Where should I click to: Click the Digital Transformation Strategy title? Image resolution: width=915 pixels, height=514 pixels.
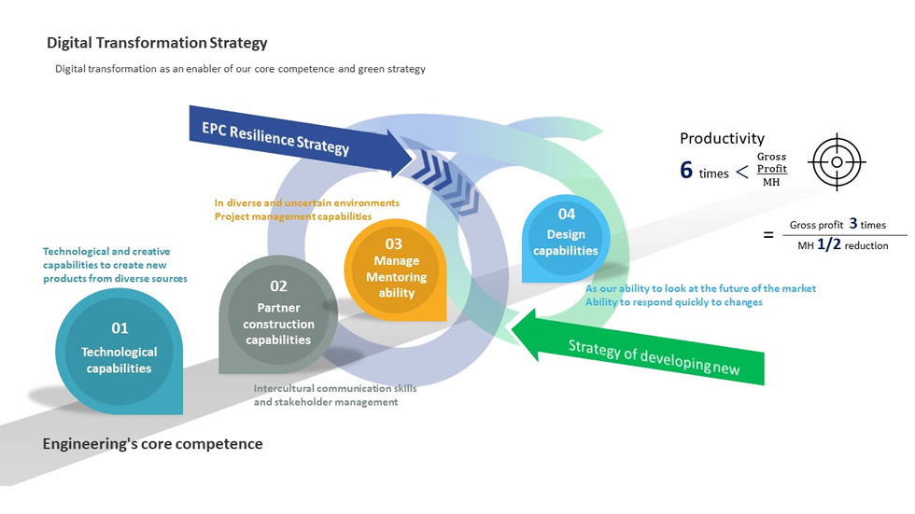tap(157, 43)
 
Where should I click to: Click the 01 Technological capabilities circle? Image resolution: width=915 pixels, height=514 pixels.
tap(120, 350)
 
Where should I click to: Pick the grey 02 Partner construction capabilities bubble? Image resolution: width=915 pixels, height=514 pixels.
tap(278, 313)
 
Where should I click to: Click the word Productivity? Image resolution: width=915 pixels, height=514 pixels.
tap(722, 138)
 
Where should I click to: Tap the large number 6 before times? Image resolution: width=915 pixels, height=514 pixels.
tap(686, 170)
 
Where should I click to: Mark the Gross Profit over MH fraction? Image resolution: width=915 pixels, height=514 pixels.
tap(771, 169)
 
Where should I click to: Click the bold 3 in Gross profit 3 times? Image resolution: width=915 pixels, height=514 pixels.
tap(853, 224)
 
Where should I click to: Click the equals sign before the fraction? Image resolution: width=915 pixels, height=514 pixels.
tap(768, 235)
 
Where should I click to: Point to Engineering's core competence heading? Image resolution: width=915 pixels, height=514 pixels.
tap(152, 444)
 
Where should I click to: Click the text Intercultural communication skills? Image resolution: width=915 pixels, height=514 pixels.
tap(335, 388)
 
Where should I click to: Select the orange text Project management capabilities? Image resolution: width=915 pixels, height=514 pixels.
tap(293, 216)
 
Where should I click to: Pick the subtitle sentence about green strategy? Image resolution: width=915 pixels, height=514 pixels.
tap(240, 69)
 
